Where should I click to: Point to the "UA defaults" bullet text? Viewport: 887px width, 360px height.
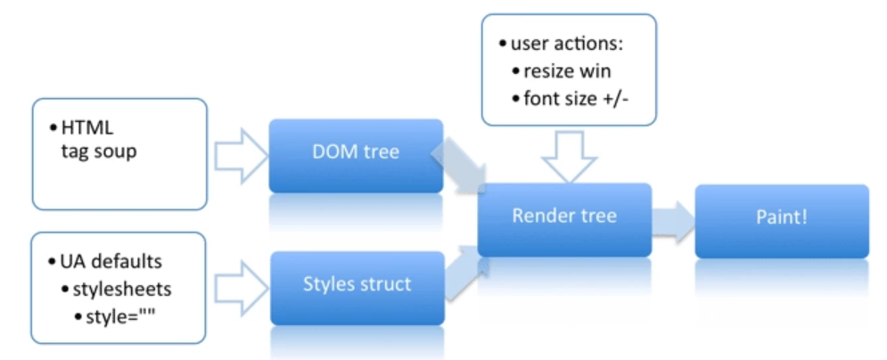[x=111, y=262]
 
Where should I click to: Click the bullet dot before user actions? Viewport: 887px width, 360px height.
[x=503, y=45]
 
